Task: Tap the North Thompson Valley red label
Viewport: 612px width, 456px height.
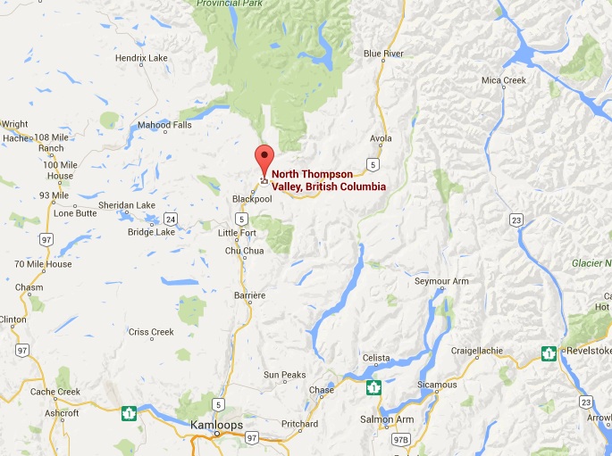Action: pos(329,180)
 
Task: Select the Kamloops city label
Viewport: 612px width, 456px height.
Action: pos(217,426)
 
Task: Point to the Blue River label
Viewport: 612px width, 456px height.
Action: pos(383,54)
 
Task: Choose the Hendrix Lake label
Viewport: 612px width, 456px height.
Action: pos(141,58)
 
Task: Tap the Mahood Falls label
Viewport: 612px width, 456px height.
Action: pos(164,125)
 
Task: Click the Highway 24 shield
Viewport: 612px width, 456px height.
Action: pos(170,218)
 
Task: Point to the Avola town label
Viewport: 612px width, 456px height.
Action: pos(381,138)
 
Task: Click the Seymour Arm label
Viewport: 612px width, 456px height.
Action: pos(441,282)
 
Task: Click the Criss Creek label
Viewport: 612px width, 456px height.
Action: pos(151,332)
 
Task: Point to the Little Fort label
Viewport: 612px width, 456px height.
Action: pos(238,233)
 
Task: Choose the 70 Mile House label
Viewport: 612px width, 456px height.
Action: pos(43,264)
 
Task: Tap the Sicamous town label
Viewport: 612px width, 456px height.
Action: pos(437,385)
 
